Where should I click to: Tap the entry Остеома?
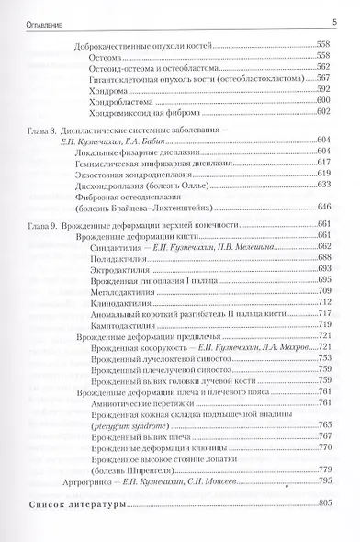point(104,57)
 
